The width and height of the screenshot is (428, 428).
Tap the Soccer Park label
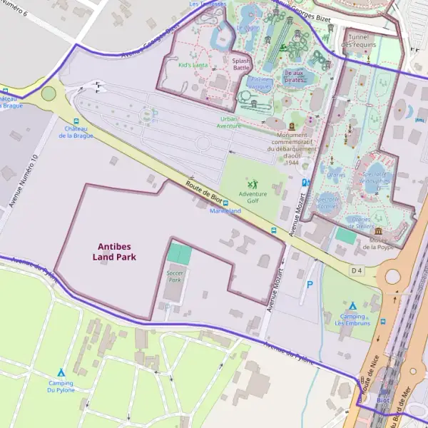click(x=174, y=276)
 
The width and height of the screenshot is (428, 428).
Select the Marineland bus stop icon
click(x=225, y=203)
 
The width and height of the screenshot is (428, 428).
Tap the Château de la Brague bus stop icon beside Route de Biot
click(x=76, y=121)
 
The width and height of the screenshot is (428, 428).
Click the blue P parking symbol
click(x=310, y=284)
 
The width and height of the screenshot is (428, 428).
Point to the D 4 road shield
click(x=357, y=270)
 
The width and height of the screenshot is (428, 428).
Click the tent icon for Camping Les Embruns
click(x=352, y=305)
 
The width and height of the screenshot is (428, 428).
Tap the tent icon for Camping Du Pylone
click(x=61, y=372)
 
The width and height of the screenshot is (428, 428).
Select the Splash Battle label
click(x=241, y=64)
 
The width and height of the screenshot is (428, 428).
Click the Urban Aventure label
click(x=229, y=122)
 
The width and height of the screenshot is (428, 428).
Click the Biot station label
click(x=383, y=401)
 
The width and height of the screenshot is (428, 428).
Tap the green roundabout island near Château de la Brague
click(x=49, y=93)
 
